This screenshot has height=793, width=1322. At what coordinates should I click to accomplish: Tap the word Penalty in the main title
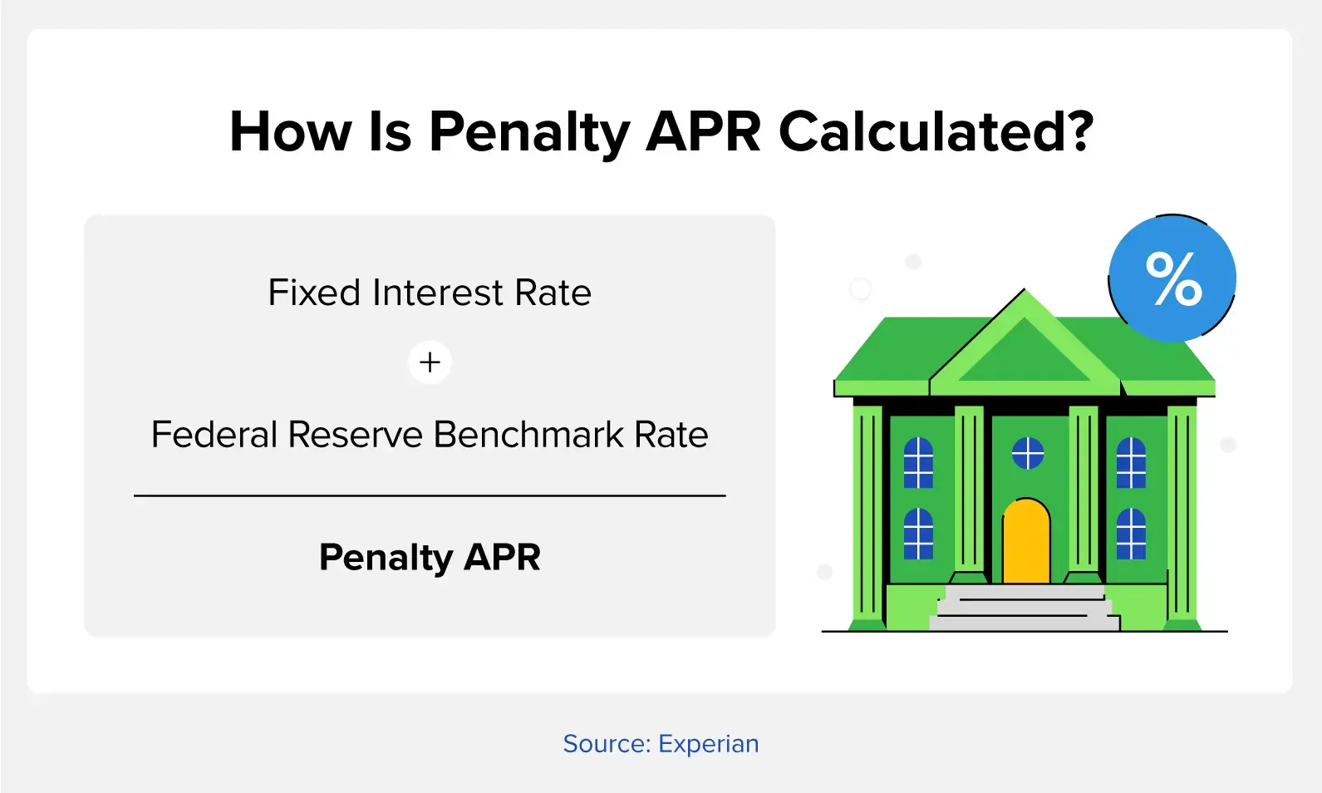pyautogui.click(x=529, y=134)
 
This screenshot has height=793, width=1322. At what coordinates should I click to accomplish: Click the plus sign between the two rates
pyautogui.click(x=430, y=362)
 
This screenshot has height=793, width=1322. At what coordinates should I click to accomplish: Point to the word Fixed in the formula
pyautogui.click(x=314, y=293)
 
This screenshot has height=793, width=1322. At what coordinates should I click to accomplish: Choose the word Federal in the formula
pyautogui.click(x=215, y=435)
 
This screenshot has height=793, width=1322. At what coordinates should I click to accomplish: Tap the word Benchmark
pyautogui.click(x=528, y=435)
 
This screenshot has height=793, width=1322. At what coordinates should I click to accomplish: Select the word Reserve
pyautogui.click(x=356, y=435)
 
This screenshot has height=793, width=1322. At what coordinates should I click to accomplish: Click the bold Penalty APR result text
pyautogui.click(x=430, y=558)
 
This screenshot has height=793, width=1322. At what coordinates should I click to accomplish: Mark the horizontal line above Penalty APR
pyautogui.click(x=430, y=496)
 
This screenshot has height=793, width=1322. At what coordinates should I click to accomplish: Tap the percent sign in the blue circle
pyautogui.click(x=1174, y=278)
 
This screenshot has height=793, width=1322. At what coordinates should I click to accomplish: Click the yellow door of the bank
pyautogui.click(x=1026, y=541)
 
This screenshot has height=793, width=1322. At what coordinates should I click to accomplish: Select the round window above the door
pyautogui.click(x=1028, y=453)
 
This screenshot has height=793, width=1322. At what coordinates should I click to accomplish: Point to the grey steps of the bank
pyautogui.click(x=1025, y=608)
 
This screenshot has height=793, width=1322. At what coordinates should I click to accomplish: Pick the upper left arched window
pyautogui.click(x=918, y=463)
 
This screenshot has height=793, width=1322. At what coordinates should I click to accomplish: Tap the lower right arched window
pyautogui.click(x=1131, y=534)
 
